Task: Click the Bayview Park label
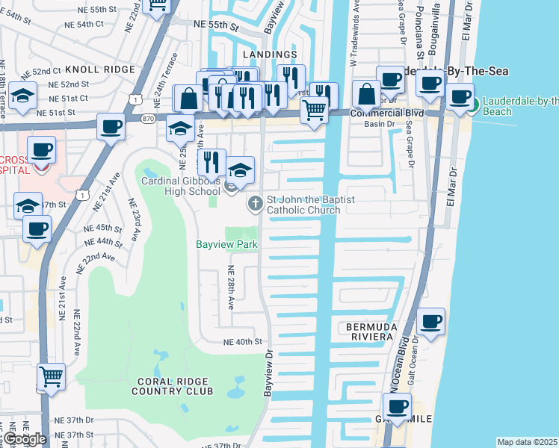tap(226, 244)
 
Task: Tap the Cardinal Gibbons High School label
tap(182, 185)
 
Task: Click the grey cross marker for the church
tap(255, 202)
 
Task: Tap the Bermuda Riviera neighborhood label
tap(369, 332)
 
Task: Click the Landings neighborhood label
tap(269, 55)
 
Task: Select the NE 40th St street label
tap(244, 341)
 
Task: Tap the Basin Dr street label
tap(379, 124)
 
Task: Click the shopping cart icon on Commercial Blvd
tap(315, 110)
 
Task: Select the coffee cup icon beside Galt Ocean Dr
tap(431, 322)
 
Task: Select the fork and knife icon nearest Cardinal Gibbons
tap(211, 161)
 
